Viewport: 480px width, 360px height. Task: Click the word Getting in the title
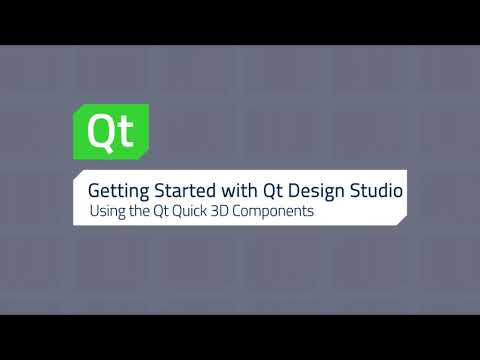point(115,189)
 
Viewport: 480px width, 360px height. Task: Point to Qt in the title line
point(272,189)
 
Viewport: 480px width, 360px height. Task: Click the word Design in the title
point(317,189)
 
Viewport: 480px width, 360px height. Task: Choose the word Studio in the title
point(377,189)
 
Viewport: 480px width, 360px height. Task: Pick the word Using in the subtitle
point(106,213)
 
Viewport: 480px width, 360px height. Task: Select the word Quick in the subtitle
point(200,213)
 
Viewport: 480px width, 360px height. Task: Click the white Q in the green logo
point(98,131)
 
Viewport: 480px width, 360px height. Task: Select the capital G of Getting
point(94,189)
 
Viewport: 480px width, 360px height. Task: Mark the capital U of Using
point(94,213)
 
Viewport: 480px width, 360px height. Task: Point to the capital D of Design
point(296,189)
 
